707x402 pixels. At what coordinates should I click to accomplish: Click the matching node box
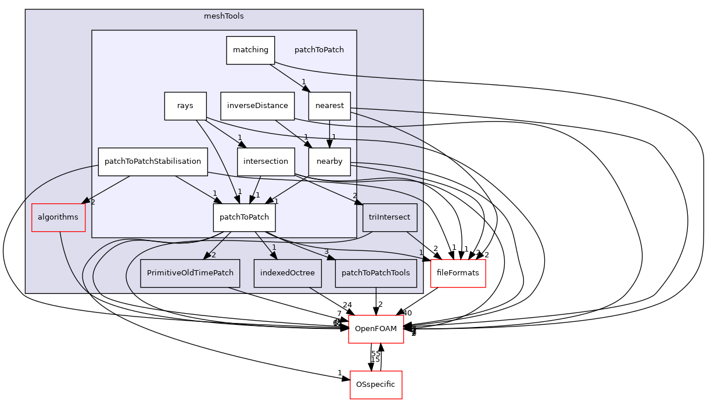pyautogui.click(x=250, y=50)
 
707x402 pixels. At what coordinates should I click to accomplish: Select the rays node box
pyautogui.click(x=185, y=106)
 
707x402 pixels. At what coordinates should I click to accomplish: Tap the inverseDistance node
pyautogui.click(x=257, y=106)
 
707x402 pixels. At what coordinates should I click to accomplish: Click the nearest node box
pyautogui.click(x=329, y=106)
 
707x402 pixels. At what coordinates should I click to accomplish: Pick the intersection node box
pyautogui.click(x=265, y=162)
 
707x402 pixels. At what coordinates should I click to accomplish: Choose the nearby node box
pyautogui.click(x=329, y=162)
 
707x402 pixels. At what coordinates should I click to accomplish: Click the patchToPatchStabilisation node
pyautogui.click(x=153, y=162)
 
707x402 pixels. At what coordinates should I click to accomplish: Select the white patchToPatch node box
pyautogui.click(x=244, y=217)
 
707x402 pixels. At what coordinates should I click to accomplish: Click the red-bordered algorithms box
pyautogui.click(x=58, y=217)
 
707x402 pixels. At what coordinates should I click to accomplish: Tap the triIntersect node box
pyautogui.click(x=389, y=217)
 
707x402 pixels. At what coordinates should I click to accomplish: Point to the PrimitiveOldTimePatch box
pyautogui.click(x=190, y=273)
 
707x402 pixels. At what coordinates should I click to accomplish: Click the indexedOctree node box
pyautogui.click(x=288, y=273)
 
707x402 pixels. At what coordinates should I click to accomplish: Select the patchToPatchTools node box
pyautogui.click(x=375, y=273)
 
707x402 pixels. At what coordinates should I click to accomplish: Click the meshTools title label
pyautogui.click(x=224, y=16)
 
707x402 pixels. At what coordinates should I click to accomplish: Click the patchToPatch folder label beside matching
pyautogui.click(x=319, y=50)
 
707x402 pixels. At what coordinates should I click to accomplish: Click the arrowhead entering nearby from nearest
pyautogui.click(x=329, y=145)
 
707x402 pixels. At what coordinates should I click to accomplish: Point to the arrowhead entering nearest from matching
pyautogui.click(x=306, y=89)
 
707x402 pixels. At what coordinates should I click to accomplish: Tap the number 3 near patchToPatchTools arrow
pyautogui.click(x=326, y=252)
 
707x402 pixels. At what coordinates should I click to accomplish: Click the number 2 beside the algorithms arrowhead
pyautogui.click(x=92, y=202)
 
